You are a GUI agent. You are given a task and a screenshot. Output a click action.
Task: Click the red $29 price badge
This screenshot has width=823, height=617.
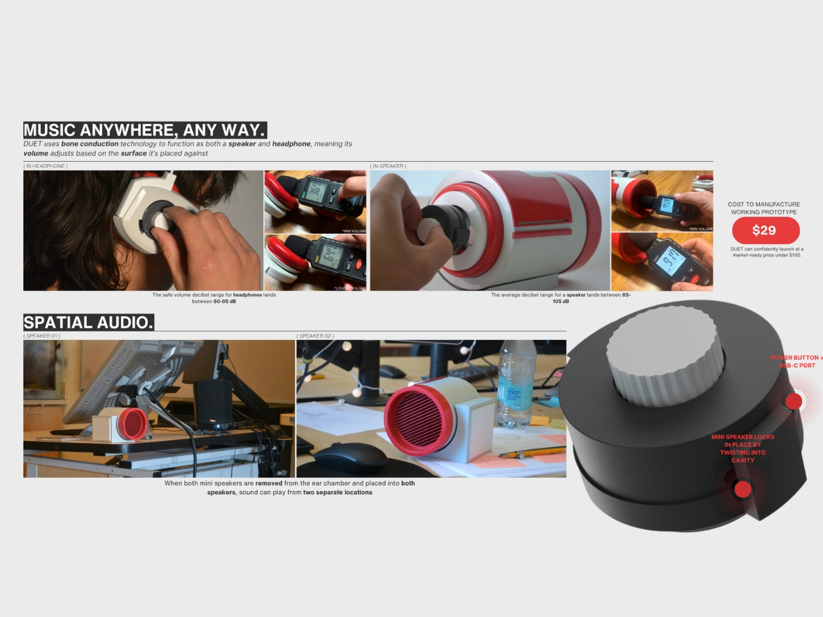coord(765,230)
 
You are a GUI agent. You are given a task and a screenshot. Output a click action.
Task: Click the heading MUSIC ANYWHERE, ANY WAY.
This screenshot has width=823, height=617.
coord(144,130)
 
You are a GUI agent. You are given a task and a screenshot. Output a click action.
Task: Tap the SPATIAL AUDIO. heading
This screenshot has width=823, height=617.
coord(89,322)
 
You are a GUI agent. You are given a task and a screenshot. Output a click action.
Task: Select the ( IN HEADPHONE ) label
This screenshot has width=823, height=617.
coord(46,166)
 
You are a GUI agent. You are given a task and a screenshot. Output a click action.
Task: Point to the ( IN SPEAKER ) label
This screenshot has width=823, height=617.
coord(388,166)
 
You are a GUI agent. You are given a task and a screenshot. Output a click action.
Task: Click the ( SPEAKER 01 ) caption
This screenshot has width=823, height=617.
coord(42,335)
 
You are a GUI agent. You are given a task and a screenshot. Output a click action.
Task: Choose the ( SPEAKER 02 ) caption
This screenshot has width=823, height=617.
coord(315,335)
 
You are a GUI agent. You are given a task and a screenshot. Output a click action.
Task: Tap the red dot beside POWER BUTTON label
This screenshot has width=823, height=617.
coord(793,401)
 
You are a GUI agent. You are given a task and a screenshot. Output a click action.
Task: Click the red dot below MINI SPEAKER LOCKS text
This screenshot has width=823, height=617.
coord(743,489)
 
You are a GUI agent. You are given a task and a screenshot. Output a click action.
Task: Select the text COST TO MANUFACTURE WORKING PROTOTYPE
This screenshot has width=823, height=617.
coord(764,208)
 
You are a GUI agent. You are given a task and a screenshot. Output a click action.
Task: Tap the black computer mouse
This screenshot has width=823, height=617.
coord(350,458)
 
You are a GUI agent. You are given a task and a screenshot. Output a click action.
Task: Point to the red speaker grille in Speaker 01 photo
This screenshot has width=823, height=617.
coord(134,423)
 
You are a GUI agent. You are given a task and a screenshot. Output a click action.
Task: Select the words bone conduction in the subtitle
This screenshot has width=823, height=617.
coord(89,144)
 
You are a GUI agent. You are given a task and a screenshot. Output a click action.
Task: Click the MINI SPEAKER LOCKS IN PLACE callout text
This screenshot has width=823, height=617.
coord(743,448)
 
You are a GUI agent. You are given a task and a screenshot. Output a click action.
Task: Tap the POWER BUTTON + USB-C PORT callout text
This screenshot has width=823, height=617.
coord(796,361)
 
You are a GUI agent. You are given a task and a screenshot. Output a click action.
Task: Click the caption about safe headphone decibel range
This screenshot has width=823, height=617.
coord(213,298)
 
